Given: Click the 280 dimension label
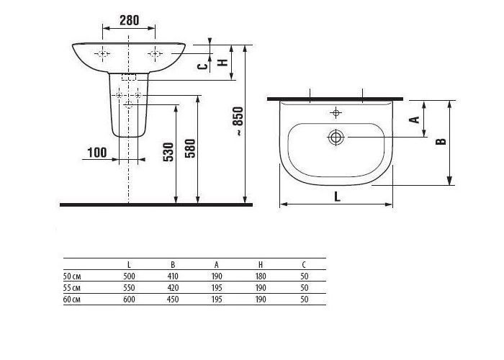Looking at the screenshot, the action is pyautogui.click(x=129, y=20).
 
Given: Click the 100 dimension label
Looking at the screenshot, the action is pyautogui.click(x=96, y=153).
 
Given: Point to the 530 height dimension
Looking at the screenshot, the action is pyautogui.click(x=168, y=152).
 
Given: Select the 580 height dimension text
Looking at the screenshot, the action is pyautogui.click(x=190, y=148).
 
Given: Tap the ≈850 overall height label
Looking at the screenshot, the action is pyautogui.click(x=238, y=121).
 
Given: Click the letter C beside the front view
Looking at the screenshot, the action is pyautogui.click(x=202, y=66).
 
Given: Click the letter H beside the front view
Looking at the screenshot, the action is pyautogui.click(x=222, y=63).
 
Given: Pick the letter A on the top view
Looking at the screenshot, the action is pyautogui.click(x=414, y=120).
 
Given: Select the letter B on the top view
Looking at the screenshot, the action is pyautogui.click(x=441, y=141).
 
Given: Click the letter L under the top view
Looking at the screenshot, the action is pyautogui.click(x=337, y=197).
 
